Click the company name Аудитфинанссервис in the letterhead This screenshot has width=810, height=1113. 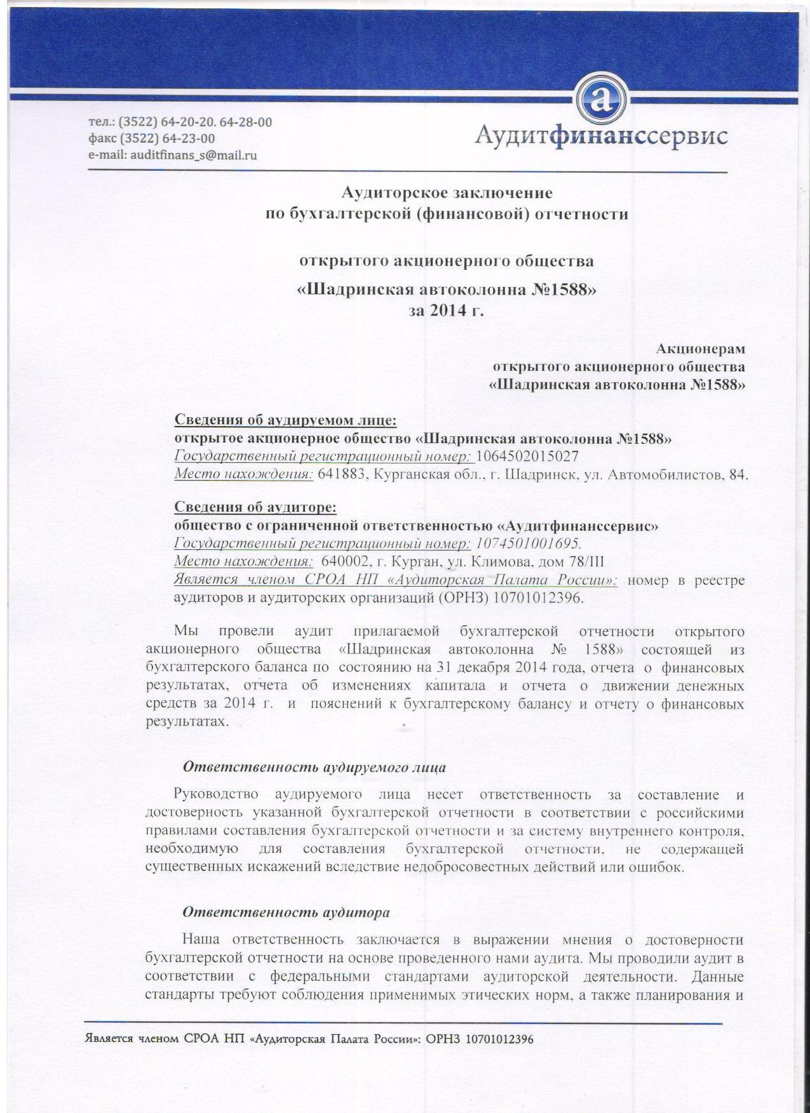(601, 136)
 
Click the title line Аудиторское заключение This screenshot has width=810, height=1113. (447, 192)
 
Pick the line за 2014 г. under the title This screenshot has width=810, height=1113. (447, 310)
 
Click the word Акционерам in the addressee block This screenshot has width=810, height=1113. (700, 349)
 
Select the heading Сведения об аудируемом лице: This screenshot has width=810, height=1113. (286, 420)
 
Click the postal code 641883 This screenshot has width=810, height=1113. (339, 474)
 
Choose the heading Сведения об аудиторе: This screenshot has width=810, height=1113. (255, 507)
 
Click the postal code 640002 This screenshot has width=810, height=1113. (344, 561)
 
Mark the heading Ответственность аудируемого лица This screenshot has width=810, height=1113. (314, 767)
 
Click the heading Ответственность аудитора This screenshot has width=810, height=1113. (286, 912)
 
